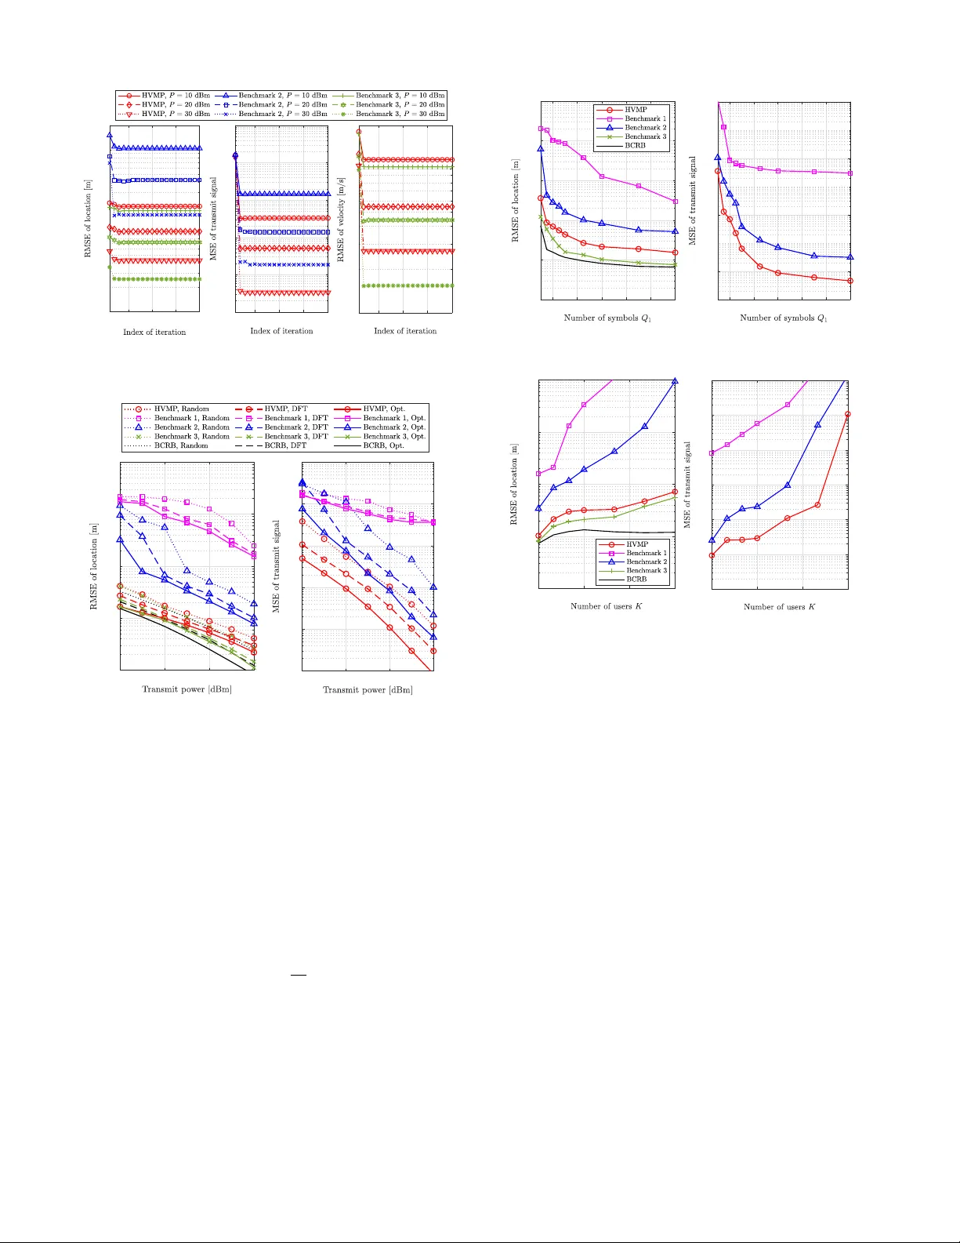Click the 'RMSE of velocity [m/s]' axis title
tap(341, 220)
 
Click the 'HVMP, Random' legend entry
tap(181, 409)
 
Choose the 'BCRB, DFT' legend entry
tap(285, 445)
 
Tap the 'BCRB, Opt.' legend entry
tap(383, 445)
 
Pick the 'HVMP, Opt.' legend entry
tap(384, 409)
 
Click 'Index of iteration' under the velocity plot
tap(405, 331)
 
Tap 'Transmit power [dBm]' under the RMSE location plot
tap(187, 689)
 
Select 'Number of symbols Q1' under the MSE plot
tap(784, 318)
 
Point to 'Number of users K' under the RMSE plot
tap(606, 606)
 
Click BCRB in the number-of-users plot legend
tap(636, 580)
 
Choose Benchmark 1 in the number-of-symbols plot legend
tap(645, 118)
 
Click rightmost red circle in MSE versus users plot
tap(848, 414)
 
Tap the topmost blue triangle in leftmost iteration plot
tap(110, 136)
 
